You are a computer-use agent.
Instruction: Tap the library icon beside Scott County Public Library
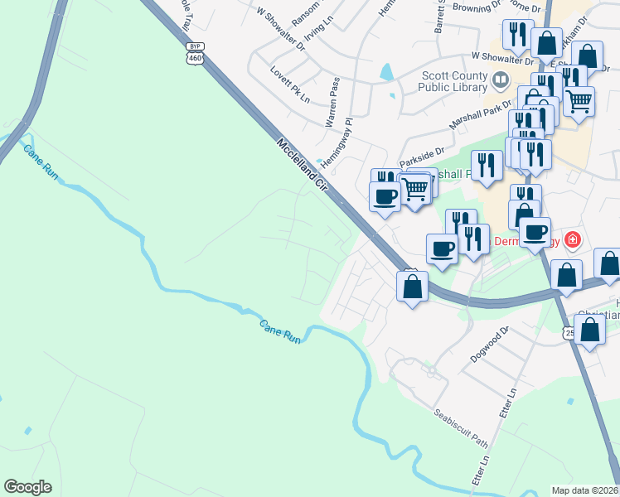[500, 80]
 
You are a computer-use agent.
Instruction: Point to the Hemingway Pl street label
[337, 142]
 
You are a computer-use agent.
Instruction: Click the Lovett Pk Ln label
[289, 84]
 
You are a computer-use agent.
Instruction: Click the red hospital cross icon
[571, 240]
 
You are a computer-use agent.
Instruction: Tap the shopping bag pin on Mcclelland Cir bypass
[413, 287]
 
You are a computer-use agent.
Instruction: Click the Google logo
[27, 487]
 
